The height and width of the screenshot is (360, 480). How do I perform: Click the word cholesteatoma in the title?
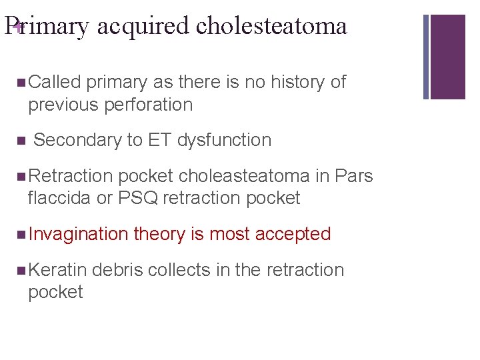(x=271, y=26)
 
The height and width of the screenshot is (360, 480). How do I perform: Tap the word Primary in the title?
(x=47, y=26)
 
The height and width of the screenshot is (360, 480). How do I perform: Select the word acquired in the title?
(x=143, y=26)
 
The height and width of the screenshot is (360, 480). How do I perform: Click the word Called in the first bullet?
(x=55, y=82)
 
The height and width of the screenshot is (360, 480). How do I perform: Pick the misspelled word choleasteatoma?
(x=244, y=176)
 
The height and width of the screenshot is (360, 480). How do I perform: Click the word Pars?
(x=353, y=176)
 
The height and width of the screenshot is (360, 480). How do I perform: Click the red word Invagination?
(x=78, y=234)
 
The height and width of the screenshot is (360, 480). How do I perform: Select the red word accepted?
(x=293, y=234)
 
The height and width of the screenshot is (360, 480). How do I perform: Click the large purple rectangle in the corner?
(x=448, y=56)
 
